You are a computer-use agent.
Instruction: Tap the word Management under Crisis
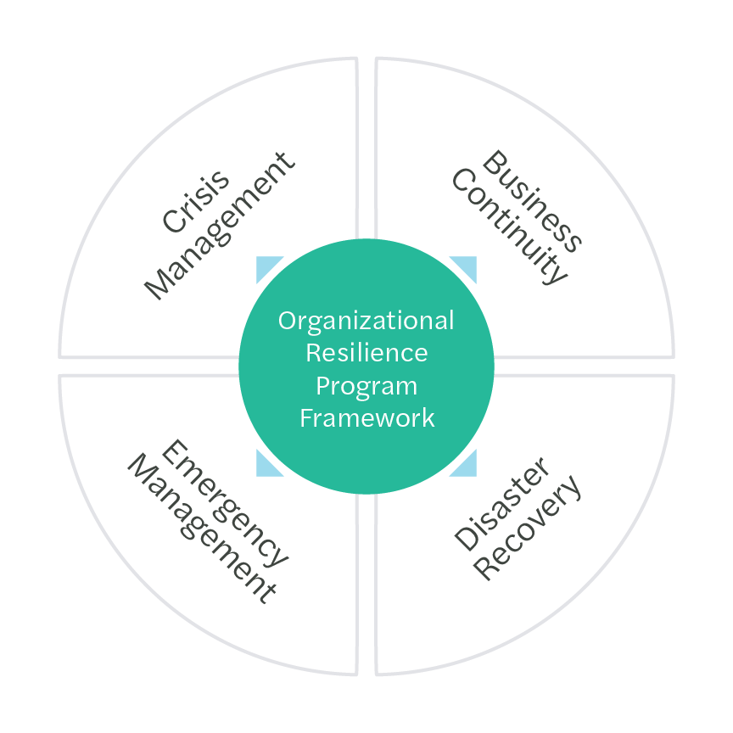tap(219, 226)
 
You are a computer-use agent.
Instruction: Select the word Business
tap(533, 201)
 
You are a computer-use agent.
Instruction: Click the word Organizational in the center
tap(366, 322)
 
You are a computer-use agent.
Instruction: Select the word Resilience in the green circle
tap(366, 353)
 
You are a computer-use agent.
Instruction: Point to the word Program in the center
tap(366, 385)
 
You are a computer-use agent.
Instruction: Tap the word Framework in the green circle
tap(366, 417)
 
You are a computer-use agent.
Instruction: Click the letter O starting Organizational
tap(288, 322)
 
